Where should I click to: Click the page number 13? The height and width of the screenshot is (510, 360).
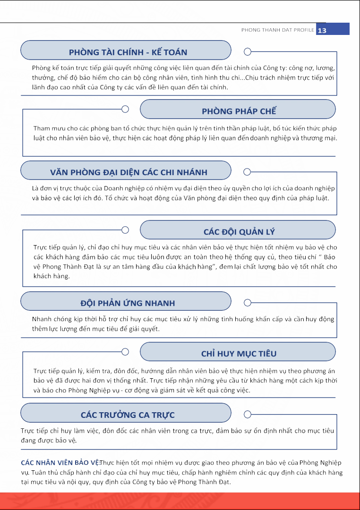(322, 30)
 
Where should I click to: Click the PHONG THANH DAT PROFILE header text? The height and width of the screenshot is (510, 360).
(277, 30)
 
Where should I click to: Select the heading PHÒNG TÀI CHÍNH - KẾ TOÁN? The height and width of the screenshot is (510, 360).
(128, 52)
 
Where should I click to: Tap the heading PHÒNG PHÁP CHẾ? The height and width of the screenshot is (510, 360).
(239, 111)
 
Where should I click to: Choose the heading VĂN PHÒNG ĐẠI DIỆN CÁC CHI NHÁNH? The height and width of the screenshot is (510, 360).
(129, 172)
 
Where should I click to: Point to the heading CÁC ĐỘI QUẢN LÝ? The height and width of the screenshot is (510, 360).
(239, 232)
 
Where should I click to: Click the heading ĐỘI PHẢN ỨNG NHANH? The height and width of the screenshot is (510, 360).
(128, 303)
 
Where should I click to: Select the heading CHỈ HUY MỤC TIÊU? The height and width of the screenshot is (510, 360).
(239, 354)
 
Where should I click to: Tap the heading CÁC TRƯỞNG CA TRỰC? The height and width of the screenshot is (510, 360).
(128, 415)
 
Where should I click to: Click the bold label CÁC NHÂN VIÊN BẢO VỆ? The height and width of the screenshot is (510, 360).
(60, 462)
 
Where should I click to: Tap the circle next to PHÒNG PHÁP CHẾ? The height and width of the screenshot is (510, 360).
(125, 110)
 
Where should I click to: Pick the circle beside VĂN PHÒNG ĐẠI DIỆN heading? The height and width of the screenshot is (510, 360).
(247, 171)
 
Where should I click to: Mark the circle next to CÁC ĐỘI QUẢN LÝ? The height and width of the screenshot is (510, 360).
(125, 230)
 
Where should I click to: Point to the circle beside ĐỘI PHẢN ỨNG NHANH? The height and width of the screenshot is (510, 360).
(247, 302)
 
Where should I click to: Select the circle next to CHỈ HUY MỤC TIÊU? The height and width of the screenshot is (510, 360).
(125, 352)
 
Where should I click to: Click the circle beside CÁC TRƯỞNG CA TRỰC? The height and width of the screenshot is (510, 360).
(247, 414)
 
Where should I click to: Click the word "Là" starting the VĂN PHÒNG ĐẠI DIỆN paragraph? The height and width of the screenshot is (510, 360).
(35, 188)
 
